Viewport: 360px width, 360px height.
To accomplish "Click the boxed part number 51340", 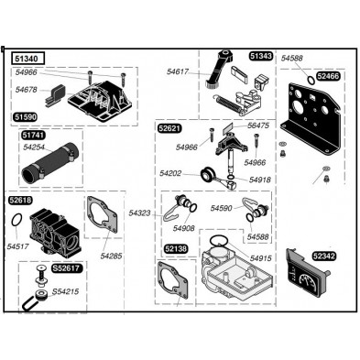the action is pyautogui.click(x=28, y=58).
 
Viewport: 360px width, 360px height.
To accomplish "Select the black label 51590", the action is pyautogui.click(x=25, y=117).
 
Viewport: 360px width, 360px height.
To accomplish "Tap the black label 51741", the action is pyautogui.click(x=33, y=135).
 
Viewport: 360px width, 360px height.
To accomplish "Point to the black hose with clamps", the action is pyautogui.click(x=50, y=164).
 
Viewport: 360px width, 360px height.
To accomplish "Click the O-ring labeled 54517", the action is pyautogui.click(x=16, y=220).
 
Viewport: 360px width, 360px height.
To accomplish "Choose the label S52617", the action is pyautogui.click(x=66, y=268).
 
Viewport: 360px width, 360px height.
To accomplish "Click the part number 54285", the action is pyautogui.click(x=111, y=256).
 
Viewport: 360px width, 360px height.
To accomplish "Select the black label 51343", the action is pyautogui.click(x=261, y=56).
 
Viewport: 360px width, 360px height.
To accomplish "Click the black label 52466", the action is pyautogui.click(x=328, y=76).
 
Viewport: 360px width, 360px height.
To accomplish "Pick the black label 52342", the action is pyautogui.click(x=324, y=256).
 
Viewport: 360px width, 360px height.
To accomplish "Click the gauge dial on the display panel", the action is pyautogui.click(x=307, y=280).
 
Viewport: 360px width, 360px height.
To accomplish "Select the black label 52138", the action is pyautogui.click(x=176, y=249).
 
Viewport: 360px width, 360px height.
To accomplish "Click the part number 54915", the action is pyautogui.click(x=260, y=258).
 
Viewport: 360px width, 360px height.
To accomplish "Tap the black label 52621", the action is pyautogui.click(x=169, y=128).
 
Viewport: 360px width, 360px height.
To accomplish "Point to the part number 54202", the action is pyautogui.click(x=170, y=173).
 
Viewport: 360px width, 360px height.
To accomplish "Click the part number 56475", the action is pyautogui.click(x=258, y=125).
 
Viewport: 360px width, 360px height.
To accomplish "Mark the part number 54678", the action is pyautogui.click(x=27, y=90).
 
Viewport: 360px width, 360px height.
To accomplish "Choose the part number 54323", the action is pyautogui.click(x=139, y=213).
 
